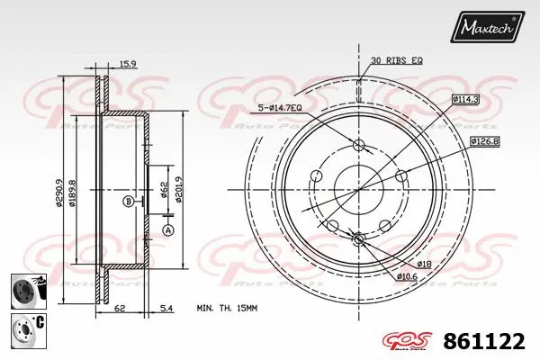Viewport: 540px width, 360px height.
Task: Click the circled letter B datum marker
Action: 129,201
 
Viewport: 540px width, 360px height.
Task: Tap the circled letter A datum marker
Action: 166,230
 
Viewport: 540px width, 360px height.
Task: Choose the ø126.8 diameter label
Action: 484,140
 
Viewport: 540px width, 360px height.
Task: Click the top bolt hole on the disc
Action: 359,146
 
